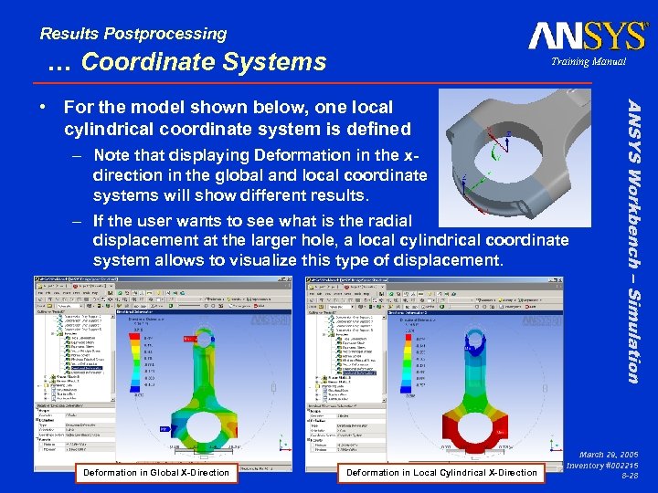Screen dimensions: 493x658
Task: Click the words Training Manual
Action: pyautogui.click(x=588, y=62)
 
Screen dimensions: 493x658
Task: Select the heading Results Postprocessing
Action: pyautogui.click(x=133, y=34)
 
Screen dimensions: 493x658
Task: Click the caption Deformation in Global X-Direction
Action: pyautogui.click(x=155, y=472)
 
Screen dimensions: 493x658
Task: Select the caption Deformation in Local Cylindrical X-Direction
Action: pyautogui.click(x=441, y=472)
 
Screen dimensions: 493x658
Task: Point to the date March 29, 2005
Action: pyautogui.click(x=608, y=454)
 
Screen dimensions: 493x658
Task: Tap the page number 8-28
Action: pyautogui.click(x=629, y=476)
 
